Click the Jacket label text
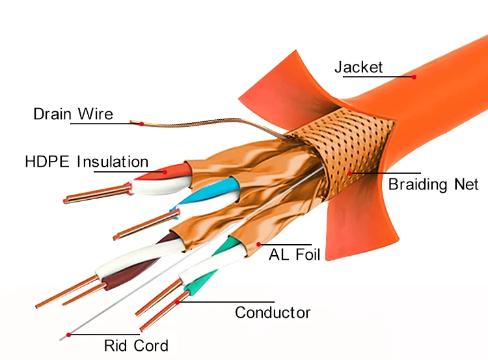[x=359, y=67]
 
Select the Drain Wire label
[x=73, y=115]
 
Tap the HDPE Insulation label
[x=87, y=161]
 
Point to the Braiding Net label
[x=433, y=184]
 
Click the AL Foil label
[x=294, y=254]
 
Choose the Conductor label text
[x=273, y=312]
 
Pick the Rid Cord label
[x=136, y=346]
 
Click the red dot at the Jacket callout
[x=414, y=77]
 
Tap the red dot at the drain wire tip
[x=141, y=123]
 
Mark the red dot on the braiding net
[x=349, y=173]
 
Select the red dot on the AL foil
[x=260, y=244]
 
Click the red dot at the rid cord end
[x=68, y=335]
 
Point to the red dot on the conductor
[x=177, y=301]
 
